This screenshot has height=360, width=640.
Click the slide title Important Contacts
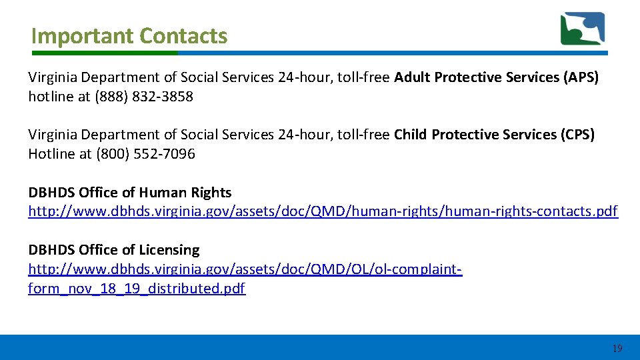pyautogui.click(x=129, y=35)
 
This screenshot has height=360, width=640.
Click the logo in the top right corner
pyautogui.click(x=583, y=29)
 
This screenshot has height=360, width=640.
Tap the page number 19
pyautogui.click(x=617, y=348)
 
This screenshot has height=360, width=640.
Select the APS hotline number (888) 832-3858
pyautogui.click(x=145, y=97)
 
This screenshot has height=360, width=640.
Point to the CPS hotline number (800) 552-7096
pyautogui.click(x=146, y=154)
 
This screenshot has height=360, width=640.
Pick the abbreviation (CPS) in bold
pyautogui.click(x=577, y=135)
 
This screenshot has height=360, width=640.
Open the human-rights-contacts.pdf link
pyautogui.click(x=323, y=212)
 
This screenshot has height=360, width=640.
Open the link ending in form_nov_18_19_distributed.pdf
pyautogui.click(x=137, y=289)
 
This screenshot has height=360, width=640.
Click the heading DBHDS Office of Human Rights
pyautogui.click(x=130, y=193)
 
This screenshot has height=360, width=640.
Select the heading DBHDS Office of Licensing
pyautogui.click(x=114, y=250)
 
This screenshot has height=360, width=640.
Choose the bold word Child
pyautogui.click(x=411, y=135)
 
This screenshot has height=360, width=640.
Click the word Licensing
pyautogui.click(x=169, y=250)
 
